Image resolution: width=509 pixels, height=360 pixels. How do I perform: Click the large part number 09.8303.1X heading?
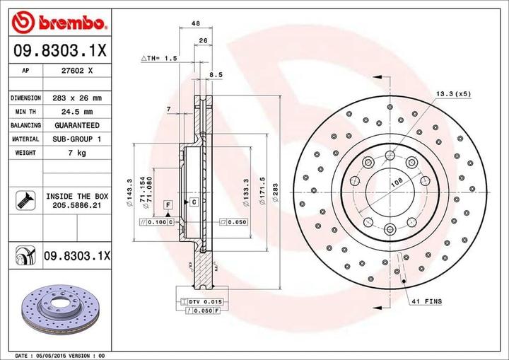[59, 51]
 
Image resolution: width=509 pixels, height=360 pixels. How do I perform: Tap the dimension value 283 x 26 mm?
[78, 98]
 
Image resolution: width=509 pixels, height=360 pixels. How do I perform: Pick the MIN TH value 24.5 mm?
[78, 112]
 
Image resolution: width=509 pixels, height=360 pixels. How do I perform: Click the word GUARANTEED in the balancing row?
[78, 125]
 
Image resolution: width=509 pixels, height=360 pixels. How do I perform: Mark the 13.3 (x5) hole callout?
[452, 93]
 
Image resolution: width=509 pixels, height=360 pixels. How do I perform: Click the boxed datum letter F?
[168, 204]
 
